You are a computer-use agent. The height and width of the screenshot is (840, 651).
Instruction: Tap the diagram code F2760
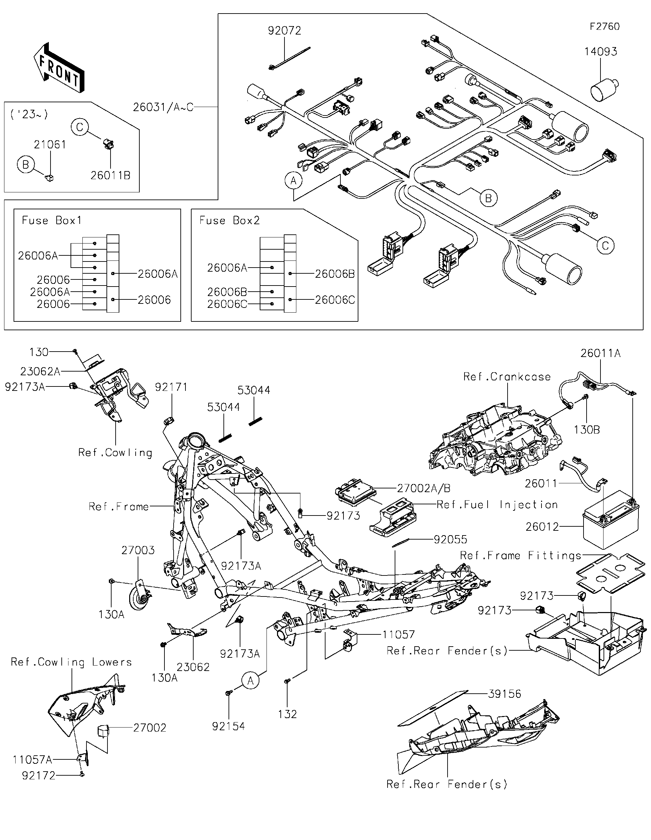pyautogui.click(x=605, y=26)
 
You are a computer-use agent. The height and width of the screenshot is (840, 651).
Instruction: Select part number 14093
pyautogui.click(x=600, y=51)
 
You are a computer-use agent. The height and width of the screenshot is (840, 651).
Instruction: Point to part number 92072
pyautogui.click(x=284, y=30)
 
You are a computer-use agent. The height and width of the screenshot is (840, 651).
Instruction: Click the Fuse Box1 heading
pyautogui.click(x=52, y=220)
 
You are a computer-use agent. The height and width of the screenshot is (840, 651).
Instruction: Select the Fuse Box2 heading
pyautogui.click(x=230, y=220)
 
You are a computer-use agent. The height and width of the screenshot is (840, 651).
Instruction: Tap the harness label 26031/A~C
pyautogui.click(x=163, y=107)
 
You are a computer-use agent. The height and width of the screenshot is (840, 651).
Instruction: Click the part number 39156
pyautogui.click(x=504, y=694)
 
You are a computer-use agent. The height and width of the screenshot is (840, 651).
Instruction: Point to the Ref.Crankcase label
pyautogui.click(x=507, y=377)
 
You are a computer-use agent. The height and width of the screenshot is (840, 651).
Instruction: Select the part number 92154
pyautogui.click(x=228, y=726)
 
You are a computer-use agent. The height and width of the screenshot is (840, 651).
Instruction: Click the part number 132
pyautogui.click(x=287, y=714)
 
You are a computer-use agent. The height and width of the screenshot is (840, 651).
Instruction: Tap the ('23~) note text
pyautogui.click(x=29, y=114)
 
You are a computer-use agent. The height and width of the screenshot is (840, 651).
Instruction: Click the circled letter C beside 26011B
pyautogui.click(x=80, y=127)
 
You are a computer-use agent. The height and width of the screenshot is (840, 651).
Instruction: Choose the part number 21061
pyautogui.click(x=50, y=145)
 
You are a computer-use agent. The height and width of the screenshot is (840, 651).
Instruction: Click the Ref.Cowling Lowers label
pyautogui.click(x=71, y=662)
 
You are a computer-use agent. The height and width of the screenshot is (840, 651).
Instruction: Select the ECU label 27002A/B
pyautogui.click(x=423, y=488)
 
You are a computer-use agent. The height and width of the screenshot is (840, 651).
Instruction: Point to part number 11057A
pyautogui.click(x=32, y=760)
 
